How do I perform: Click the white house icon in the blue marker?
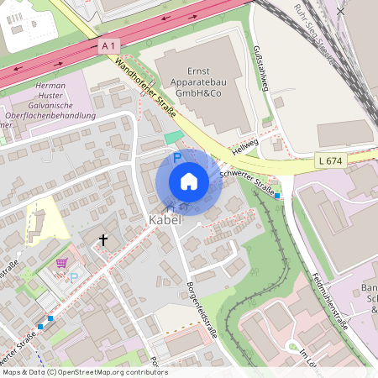pyautogui.click(x=188, y=181)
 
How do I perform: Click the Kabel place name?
pyautogui.click(x=165, y=220)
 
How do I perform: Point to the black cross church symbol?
pyautogui.click(x=103, y=240)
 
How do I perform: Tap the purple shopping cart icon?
pyautogui.click(x=60, y=263)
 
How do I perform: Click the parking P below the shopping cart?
pyautogui.click(x=73, y=277)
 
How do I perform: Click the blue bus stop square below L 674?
pyautogui.click(x=278, y=195)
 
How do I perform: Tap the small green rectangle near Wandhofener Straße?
pyautogui.click(x=172, y=137)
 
